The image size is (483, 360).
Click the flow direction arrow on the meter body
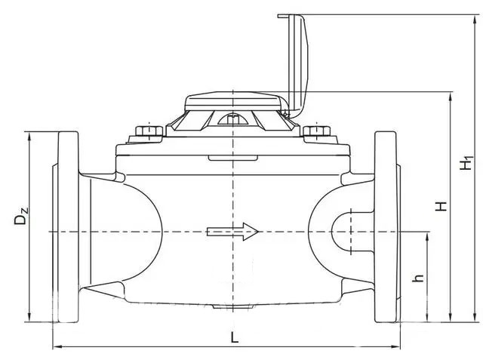tap(232, 231)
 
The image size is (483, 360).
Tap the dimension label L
tap(235, 337)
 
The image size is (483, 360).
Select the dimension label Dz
tap(21, 216)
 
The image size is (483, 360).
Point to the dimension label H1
tap(466, 163)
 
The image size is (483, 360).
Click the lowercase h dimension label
tap(418, 278)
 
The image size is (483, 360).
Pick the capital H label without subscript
tap(441, 206)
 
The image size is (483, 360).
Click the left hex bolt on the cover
tap(149, 131)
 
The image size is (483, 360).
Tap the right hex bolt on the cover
tap(317, 131)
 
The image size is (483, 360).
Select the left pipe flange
tap(68, 227)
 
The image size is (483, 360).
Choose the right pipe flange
tap(386, 227)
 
